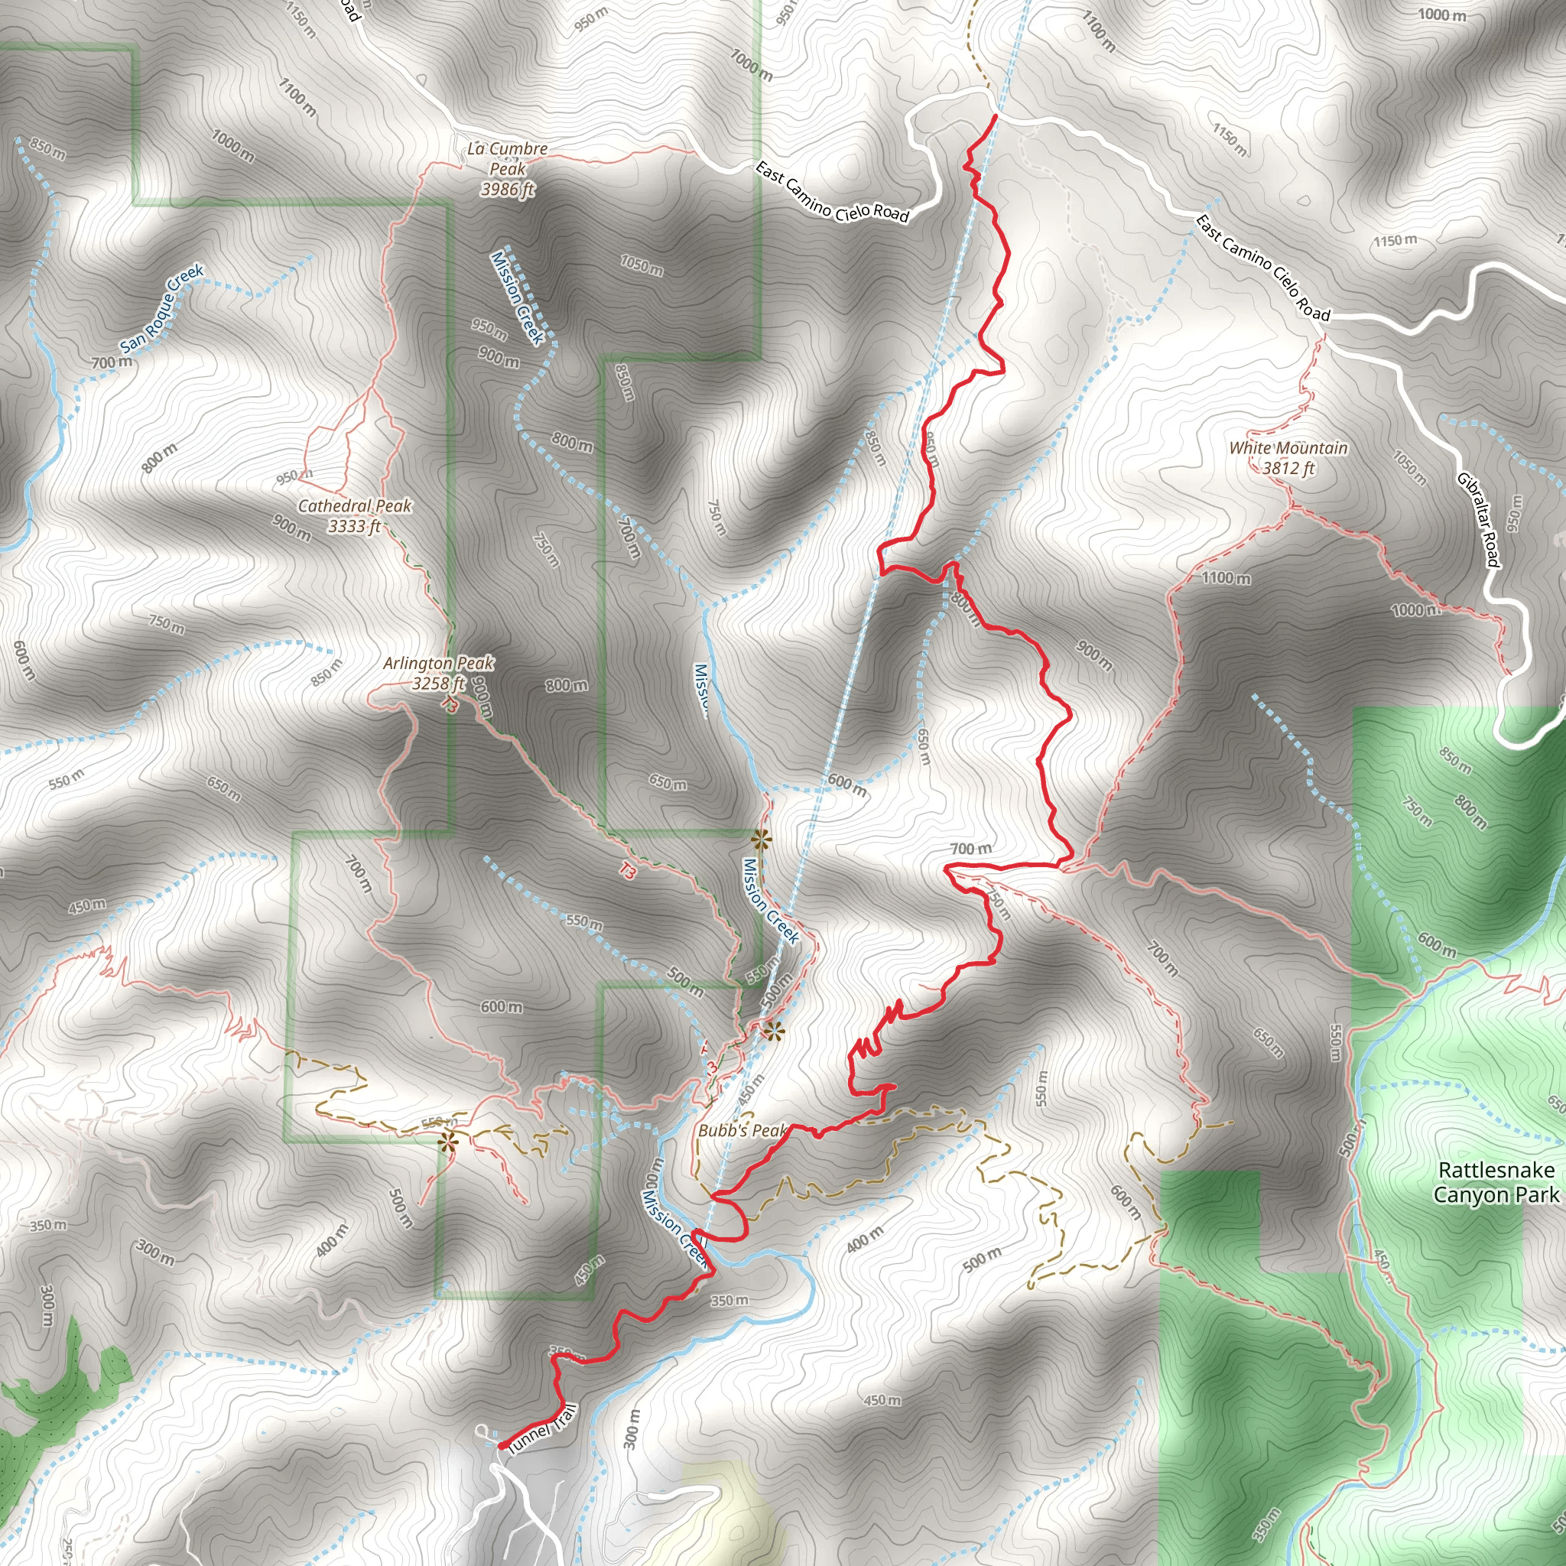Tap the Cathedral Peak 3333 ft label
355,516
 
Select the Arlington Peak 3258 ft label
438,673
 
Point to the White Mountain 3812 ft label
1288,458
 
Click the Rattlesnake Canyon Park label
1496,1182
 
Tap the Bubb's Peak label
742,1130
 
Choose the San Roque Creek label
162,310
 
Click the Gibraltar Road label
1480,518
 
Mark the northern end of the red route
995,117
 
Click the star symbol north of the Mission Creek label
760,838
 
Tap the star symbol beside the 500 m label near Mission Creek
774,1031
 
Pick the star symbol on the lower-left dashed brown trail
448,1142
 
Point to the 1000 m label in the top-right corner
1442,15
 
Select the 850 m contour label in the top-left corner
48,148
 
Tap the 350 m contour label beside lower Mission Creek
729,1300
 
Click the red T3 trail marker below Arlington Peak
626,872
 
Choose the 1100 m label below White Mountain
1226,578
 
